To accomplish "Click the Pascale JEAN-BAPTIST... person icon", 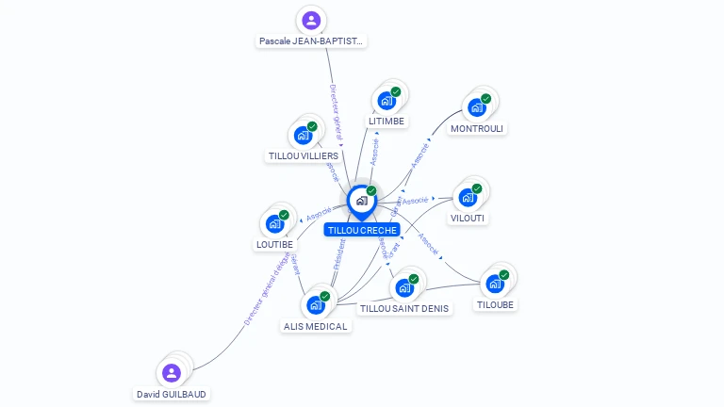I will click(311, 20).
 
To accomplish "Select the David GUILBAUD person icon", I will click(172, 373).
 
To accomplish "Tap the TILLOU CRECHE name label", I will click(363, 230).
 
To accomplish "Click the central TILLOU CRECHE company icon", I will click(360, 200).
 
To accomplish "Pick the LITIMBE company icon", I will click(387, 100).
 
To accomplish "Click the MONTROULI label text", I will click(477, 128).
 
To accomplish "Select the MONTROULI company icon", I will click(477, 106).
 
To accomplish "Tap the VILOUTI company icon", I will click(468, 197).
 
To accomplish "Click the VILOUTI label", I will click(469, 219).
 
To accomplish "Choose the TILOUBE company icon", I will click(495, 283).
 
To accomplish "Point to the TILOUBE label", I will click(496, 304).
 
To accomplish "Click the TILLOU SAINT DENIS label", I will click(405, 308).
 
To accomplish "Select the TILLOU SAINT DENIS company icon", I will click(405, 286).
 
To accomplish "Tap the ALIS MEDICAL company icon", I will click(316, 304).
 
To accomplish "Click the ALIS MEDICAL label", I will click(316, 326).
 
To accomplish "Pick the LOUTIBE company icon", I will click(274, 223).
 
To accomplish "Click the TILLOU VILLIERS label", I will click(304, 156).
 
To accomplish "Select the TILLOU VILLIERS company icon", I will click(304, 135).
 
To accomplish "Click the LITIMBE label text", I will click(387, 122).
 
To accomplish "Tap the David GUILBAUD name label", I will click(171, 394).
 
